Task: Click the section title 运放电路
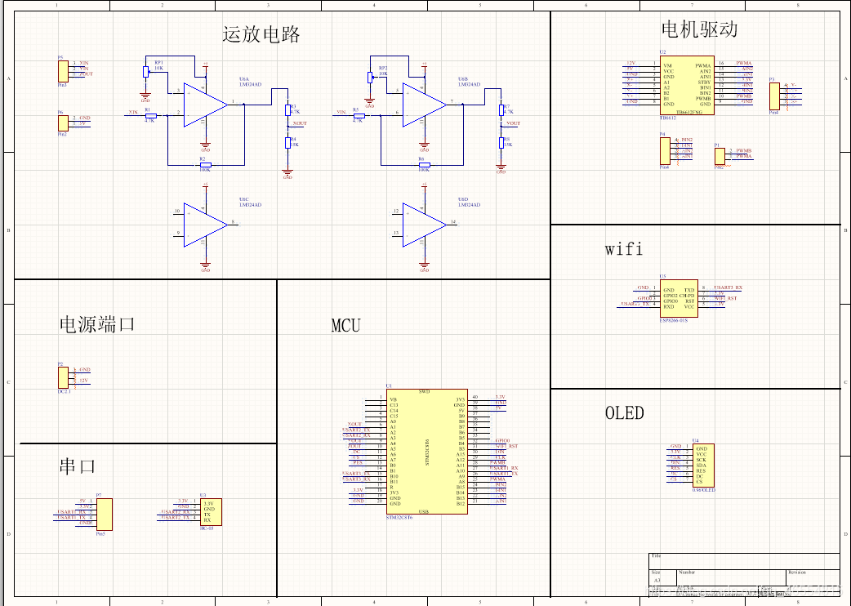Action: click(x=261, y=34)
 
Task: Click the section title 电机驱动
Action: click(x=699, y=29)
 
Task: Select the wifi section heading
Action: click(x=623, y=249)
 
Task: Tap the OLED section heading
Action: click(x=624, y=413)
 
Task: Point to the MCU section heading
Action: click(x=345, y=325)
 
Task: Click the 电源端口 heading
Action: click(x=96, y=324)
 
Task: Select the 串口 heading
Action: click(x=78, y=466)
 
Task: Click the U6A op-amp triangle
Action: click(x=203, y=104)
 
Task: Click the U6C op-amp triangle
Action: click(x=203, y=223)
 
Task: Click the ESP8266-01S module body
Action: click(x=679, y=298)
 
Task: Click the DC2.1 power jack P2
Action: click(x=63, y=377)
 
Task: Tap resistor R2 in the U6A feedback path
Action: click(x=204, y=165)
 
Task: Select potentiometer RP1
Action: click(x=146, y=72)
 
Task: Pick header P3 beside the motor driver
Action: click(x=774, y=95)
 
